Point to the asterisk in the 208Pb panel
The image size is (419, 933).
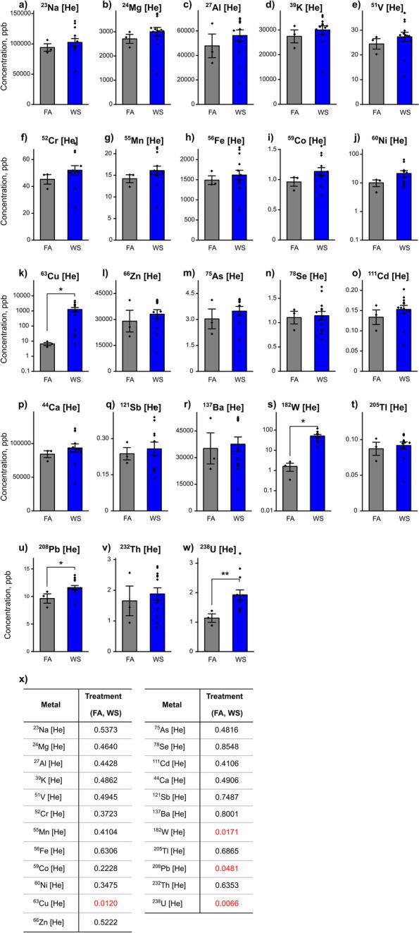62,583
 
